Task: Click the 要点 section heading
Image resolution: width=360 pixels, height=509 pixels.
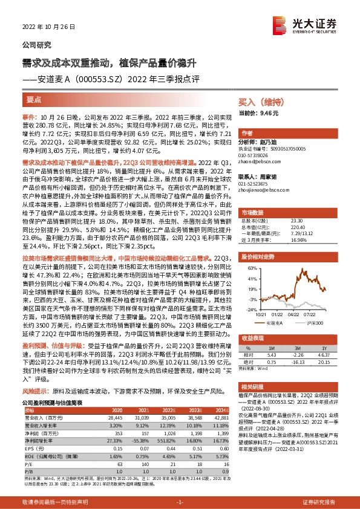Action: pos(34,100)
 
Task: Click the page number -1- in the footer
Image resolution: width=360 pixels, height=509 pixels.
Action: pos(180,502)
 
